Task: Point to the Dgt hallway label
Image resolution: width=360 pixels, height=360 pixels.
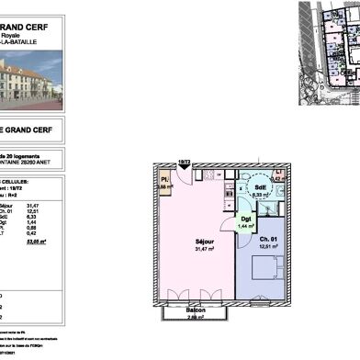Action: point(245,218)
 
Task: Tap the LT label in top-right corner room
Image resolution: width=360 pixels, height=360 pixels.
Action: point(278,172)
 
